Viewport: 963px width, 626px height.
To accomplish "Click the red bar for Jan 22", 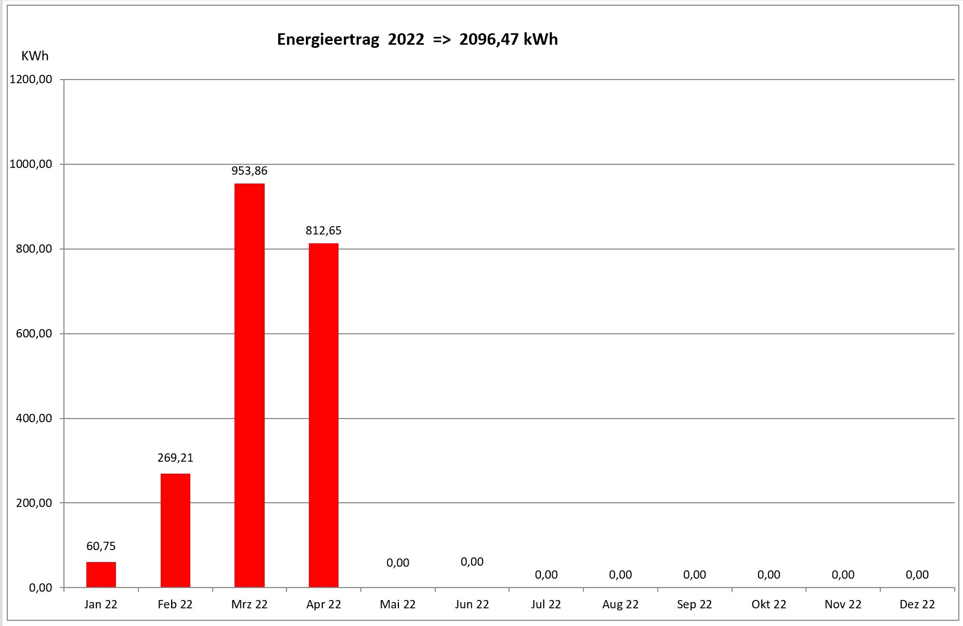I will click(x=101, y=575).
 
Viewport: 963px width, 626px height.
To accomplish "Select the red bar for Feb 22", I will click(x=175, y=530).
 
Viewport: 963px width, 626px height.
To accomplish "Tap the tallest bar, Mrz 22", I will click(x=250, y=385).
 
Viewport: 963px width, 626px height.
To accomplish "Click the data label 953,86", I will click(x=250, y=171).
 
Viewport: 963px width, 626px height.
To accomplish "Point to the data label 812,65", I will click(x=323, y=231).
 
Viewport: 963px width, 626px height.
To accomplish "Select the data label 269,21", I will click(x=175, y=458).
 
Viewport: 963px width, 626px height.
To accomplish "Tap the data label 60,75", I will click(x=101, y=546).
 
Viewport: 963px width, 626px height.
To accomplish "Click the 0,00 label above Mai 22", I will click(x=398, y=563).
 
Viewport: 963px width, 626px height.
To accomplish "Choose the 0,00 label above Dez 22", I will click(x=917, y=575).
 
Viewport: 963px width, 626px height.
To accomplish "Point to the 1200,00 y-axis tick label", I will click(x=31, y=80).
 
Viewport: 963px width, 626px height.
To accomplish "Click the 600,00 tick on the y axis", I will click(x=34, y=334).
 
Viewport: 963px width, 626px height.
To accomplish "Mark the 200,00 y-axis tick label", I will click(x=34, y=503).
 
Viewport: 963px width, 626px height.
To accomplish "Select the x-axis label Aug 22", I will click(x=620, y=605).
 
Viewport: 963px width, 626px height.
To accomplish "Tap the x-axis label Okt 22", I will click(x=769, y=605).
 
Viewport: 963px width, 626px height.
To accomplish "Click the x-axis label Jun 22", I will click(x=472, y=605).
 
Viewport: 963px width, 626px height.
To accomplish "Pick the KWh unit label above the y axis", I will click(x=35, y=56).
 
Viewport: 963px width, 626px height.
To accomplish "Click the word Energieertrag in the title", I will click(x=328, y=40).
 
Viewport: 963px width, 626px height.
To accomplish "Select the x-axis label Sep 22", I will click(x=694, y=605).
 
